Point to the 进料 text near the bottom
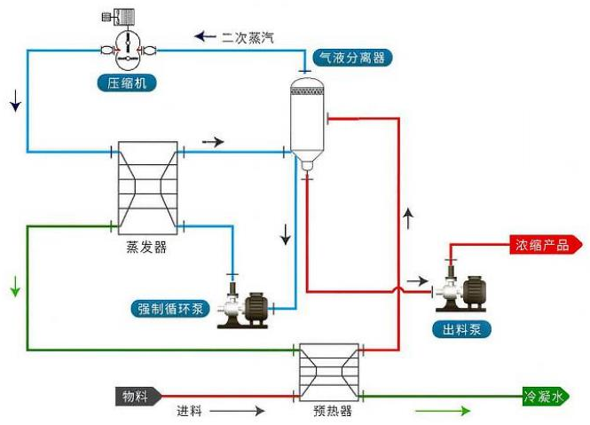(190, 411)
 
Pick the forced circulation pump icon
(243, 308)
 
